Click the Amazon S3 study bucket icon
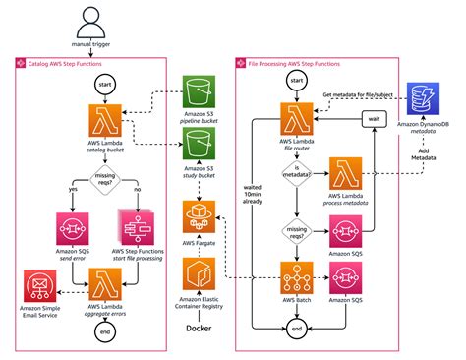pyautogui.click(x=201, y=149)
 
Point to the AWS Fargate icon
pyautogui.click(x=201, y=213)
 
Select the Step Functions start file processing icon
pyautogui.click(x=137, y=226)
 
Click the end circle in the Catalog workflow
pyautogui.click(x=104, y=332)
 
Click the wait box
pyautogui.click(x=372, y=119)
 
